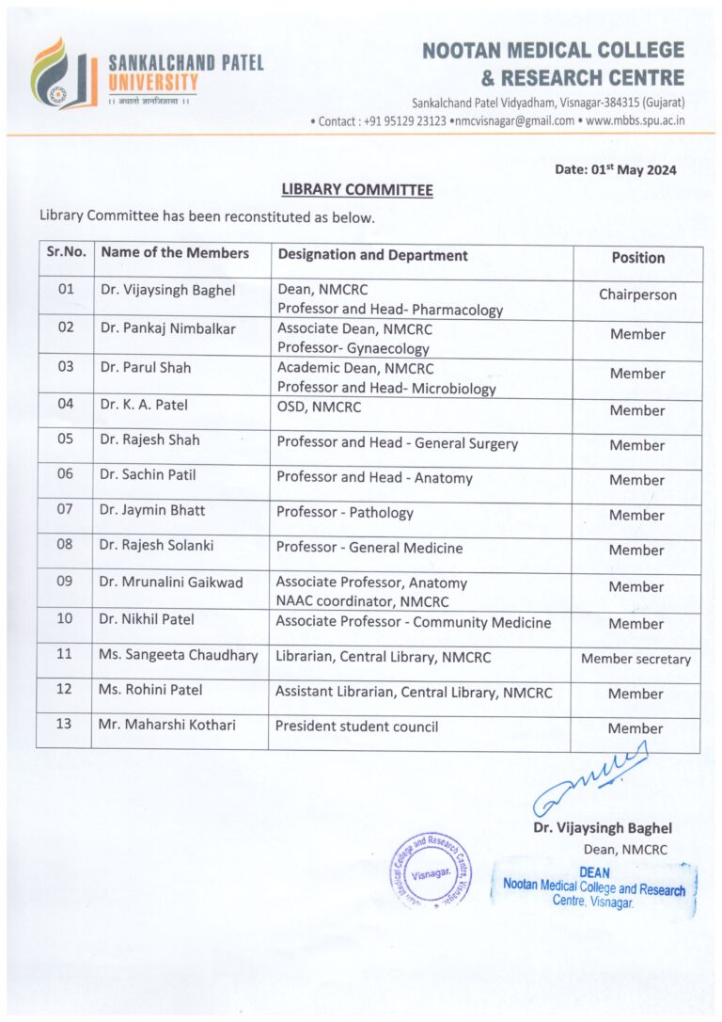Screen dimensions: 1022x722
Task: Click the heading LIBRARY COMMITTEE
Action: pyautogui.click(x=356, y=190)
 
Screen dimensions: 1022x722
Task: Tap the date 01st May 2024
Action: pyautogui.click(x=616, y=169)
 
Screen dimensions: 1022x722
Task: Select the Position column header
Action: pyautogui.click(x=637, y=258)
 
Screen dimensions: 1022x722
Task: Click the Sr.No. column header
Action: pyautogui.click(x=66, y=253)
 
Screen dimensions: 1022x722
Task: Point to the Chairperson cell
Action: pyautogui.click(x=637, y=295)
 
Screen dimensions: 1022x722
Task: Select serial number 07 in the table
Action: pyautogui.click(x=65, y=511)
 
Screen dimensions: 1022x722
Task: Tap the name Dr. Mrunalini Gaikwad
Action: pyautogui.click(x=171, y=583)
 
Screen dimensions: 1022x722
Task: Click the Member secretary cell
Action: pyautogui.click(x=636, y=659)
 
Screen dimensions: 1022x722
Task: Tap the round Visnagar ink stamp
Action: pyautogui.click(x=431, y=870)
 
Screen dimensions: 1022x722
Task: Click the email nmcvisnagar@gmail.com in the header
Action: pyautogui.click(x=512, y=121)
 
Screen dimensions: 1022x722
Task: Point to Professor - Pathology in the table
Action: pyautogui.click(x=344, y=513)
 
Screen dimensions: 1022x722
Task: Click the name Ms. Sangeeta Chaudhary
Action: pyautogui.click(x=179, y=656)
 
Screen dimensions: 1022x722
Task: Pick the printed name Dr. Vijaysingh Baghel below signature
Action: pyautogui.click(x=603, y=829)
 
